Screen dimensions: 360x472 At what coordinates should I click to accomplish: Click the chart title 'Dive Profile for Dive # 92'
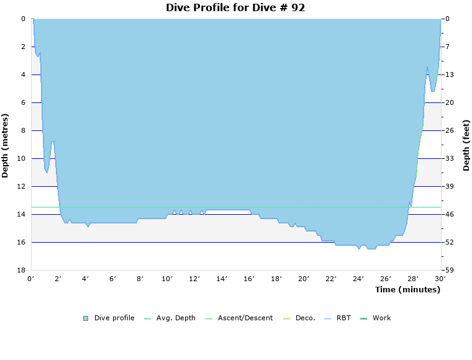(x=235, y=8)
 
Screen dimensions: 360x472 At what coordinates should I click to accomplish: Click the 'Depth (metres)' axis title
(x=6, y=145)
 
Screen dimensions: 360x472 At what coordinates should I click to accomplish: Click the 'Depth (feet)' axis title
(x=466, y=145)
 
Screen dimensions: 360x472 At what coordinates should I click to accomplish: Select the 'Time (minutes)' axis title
(x=407, y=290)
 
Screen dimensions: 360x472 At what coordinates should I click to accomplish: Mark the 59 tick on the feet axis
(x=449, y=270)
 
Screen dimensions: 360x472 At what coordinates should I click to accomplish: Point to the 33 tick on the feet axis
(x=449, y=158)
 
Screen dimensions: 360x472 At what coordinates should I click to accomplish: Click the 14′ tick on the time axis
(x=222, y=279)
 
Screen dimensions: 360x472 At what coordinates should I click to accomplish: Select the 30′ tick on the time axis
(x=440, y=279)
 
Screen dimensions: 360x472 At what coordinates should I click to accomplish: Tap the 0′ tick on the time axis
(x=31, y=279)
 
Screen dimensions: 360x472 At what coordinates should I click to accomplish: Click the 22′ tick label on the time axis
(x=331, y=279)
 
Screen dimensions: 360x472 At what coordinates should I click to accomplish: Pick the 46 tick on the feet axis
(x=449, y=214)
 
